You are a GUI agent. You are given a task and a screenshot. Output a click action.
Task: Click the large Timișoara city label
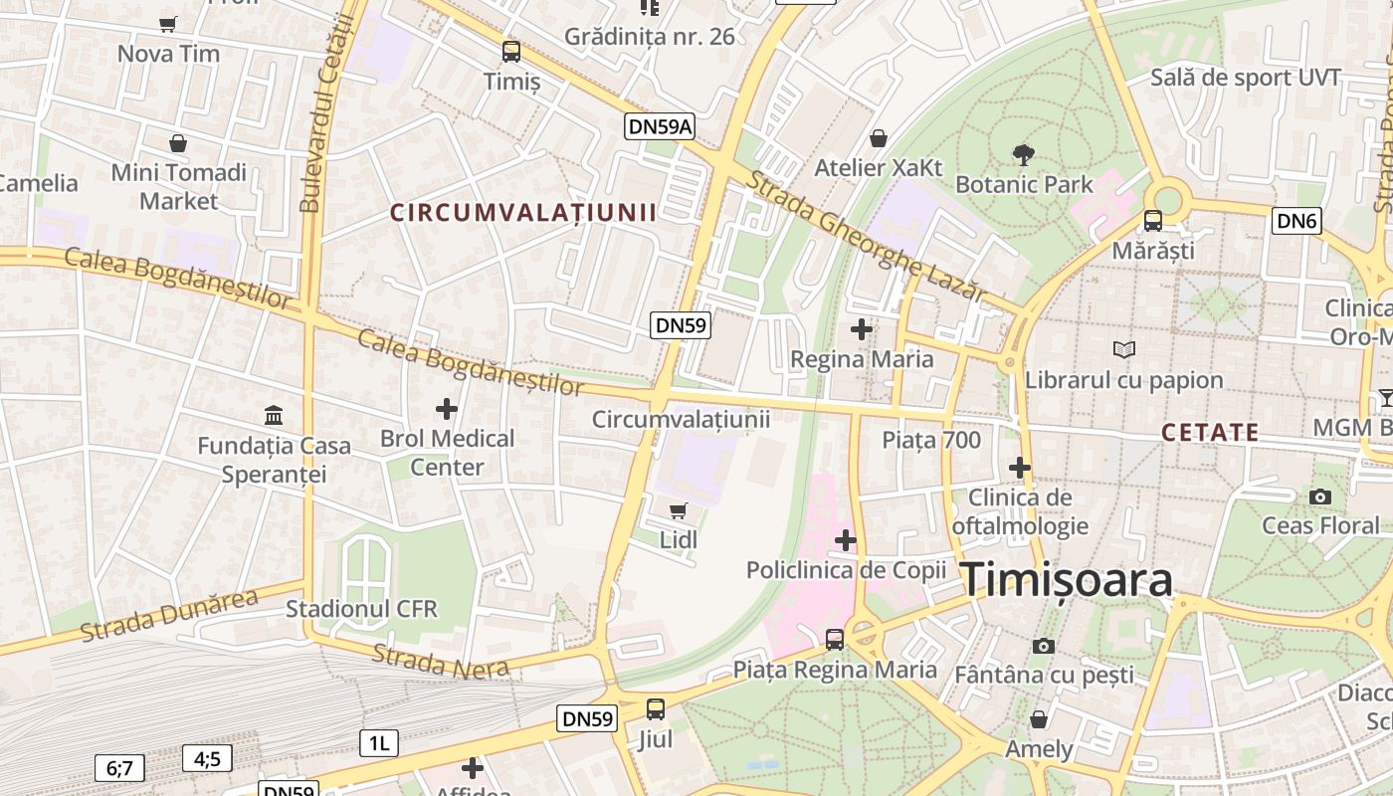(1066, 580)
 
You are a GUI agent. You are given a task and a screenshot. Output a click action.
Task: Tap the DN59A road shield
(659, 126)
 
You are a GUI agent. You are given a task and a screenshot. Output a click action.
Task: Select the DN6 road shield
(1296, 221)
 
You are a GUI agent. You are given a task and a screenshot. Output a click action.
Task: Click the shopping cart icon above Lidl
(678, 510)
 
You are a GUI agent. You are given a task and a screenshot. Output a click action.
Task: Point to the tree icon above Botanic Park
(1023, 154)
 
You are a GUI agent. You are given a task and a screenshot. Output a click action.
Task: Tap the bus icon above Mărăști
(1152, 221)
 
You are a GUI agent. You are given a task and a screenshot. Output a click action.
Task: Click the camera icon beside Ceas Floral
(1320, 497)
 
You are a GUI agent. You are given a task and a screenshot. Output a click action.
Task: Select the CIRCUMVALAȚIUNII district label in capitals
(523, 212)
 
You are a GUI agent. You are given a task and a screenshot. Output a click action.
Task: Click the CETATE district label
(1210, 433)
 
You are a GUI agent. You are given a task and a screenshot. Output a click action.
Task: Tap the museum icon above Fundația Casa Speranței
(274, 414)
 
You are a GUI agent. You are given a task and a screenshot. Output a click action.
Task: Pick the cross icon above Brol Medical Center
(447, 408)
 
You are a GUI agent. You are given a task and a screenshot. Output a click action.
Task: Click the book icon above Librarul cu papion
(1123, 350)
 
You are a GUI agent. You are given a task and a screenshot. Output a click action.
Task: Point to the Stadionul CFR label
(362, 608)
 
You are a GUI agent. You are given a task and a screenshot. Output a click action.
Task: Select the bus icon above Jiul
(656, 709)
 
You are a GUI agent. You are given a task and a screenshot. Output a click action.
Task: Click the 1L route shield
(378, 742)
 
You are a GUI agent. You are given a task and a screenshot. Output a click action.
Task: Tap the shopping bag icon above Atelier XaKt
(878, 138)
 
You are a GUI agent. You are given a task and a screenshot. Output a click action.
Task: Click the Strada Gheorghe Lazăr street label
(865, 236)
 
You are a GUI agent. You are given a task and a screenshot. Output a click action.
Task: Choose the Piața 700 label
(931, 440)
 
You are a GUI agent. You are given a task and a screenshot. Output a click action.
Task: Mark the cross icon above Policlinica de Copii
(845, 540)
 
